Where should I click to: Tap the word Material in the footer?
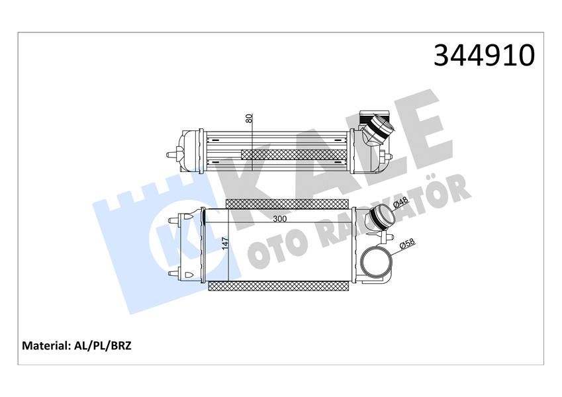pos(46,345)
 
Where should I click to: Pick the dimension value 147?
pos(225,243)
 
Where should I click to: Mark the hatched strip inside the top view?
pos(294,154)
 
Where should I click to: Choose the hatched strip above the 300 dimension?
pos(286,202)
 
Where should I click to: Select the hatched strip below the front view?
pos(278,286)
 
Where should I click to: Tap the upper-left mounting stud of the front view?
pos(176,219)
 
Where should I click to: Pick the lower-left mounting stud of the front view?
pos(176,273)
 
